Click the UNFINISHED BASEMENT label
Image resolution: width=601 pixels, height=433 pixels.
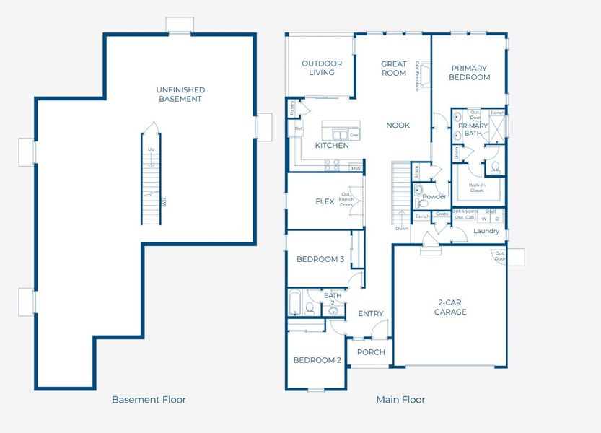[x=180, y=95]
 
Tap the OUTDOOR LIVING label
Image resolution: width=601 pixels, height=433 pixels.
[x=322, y=68]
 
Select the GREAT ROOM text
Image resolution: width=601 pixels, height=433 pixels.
[x=394, y=68]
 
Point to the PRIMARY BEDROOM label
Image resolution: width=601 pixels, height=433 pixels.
[x=469, y=73]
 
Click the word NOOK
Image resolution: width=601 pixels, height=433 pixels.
[x=398, y=126]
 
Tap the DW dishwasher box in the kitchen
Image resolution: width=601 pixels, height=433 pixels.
[x=354, y=135]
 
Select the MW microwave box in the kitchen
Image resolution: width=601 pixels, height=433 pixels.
[x=355, y=169]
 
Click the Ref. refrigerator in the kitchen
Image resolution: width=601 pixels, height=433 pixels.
[x=299, y=130]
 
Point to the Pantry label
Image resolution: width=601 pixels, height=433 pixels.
[x=291, y=108]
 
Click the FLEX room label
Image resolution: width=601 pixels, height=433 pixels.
[x=325, y=201]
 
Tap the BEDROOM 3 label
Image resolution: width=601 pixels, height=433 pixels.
[x=320, y=259]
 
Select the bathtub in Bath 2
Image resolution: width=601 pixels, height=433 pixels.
[x=294, y=303]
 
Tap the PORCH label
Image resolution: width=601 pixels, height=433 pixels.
[x=371, y=352]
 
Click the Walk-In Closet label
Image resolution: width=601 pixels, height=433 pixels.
[x=476, y=188]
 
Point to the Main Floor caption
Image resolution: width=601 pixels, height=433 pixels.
[x=400, y=399]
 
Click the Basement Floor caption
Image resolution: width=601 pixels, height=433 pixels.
[x=149, y=399]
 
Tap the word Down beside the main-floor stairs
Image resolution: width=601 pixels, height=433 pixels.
[x=402, y=228]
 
